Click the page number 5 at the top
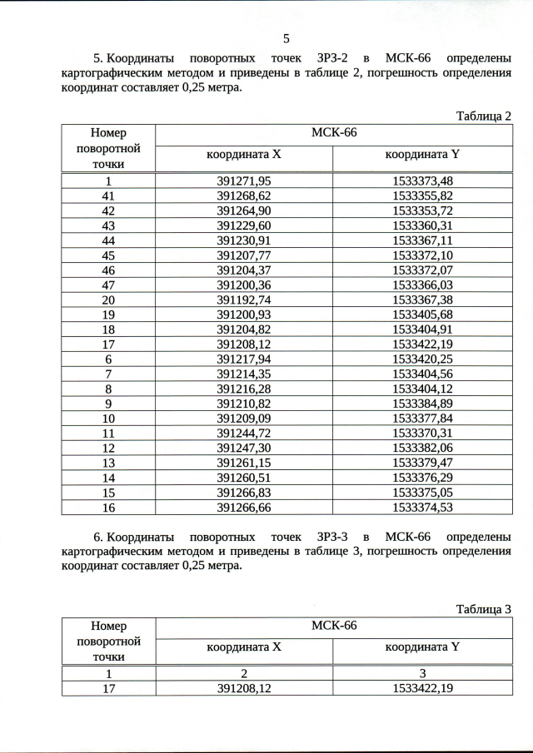tap(286, 38)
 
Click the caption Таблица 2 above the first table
tap(483, 116)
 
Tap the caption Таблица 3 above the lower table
tap(483, 609)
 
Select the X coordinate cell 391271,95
tap(244, 181)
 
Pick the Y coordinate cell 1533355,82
tap(422, 196)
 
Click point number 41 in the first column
tap(107, 196)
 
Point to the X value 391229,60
tap(244, 225)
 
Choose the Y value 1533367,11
tap(422, 240)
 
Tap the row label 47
tap(107, 285)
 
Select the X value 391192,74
tap(244, 300)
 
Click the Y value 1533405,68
tap(422, 315)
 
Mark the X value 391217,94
tap(244, 359)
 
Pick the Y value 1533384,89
tap(422, 403)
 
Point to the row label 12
tap(107, 448)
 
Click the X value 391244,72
tap(244, 433)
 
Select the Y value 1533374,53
tap(422, 507)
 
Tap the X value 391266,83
tap(244, 492)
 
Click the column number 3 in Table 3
tap(422, 673)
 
